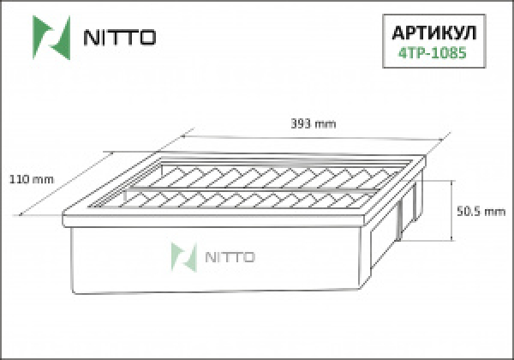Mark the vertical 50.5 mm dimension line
[452, 212]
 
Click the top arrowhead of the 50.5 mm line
[452, 183]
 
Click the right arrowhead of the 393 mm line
[448, 135]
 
